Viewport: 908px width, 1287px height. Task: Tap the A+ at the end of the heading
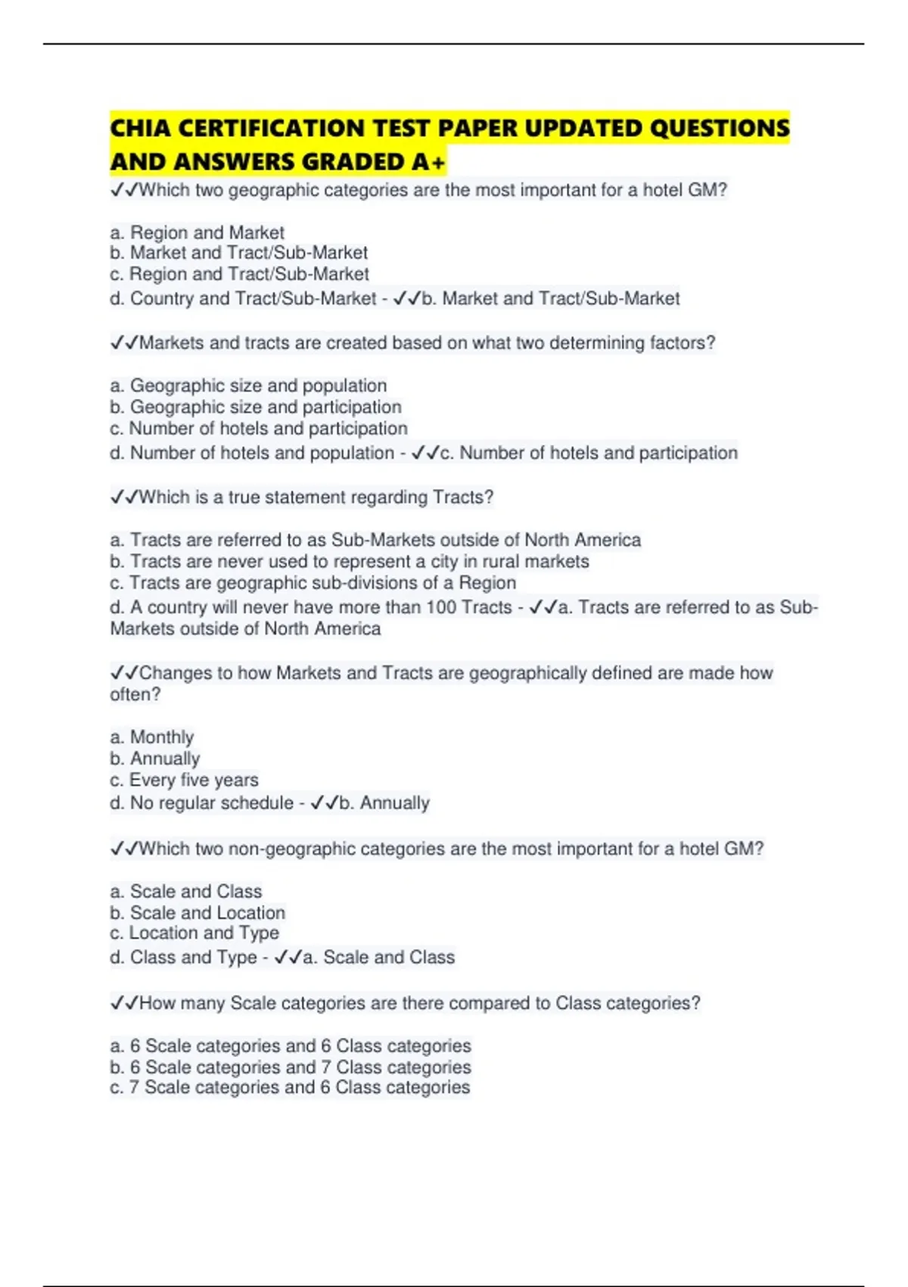click(x=429, y=162)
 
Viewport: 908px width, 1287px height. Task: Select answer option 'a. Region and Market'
click(x=197, y=232)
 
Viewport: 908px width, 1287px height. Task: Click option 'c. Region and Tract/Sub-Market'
click(x=239, y=274)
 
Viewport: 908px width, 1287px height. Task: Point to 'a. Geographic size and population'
click(x=248, y=385)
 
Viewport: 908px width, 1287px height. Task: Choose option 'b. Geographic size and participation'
click(x=256, y=407)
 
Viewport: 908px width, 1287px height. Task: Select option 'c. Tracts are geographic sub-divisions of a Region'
click(x=313, y=583)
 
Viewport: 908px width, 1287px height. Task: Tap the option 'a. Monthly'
click(x=151, y=737)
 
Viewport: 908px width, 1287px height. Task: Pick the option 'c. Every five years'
click(x=184, y=780)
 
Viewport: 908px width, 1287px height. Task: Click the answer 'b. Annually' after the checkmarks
click(x=384, y=802)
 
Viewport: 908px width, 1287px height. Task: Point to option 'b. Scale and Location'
click(x=197, y=912)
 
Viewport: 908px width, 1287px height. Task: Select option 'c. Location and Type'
click(x=194, y=933)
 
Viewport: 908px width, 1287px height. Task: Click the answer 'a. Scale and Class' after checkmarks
click(x=379, y=957)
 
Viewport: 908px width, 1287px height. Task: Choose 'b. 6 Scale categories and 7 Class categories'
click(x=291, y=1067)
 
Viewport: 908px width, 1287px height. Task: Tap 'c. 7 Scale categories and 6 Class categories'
click(x=290, y=1087)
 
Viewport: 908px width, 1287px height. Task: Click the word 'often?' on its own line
click(x=135, y=694)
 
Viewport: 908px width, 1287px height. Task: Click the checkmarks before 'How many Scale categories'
click(x=124, y=1003)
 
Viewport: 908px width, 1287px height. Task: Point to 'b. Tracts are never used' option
click(x=349, y=561)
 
